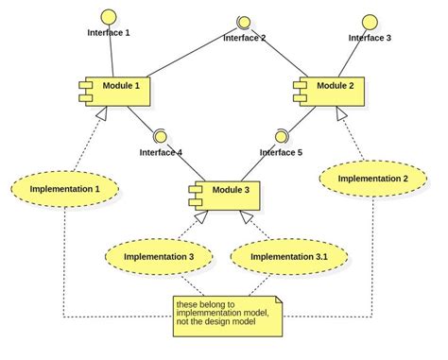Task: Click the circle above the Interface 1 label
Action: point(110,15)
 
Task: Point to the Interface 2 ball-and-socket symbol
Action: point(243,23)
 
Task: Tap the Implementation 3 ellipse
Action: point(151,255)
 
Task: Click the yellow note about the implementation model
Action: point(228,317)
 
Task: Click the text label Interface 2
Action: point(244,39)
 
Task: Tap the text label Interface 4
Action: point(161,152)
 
